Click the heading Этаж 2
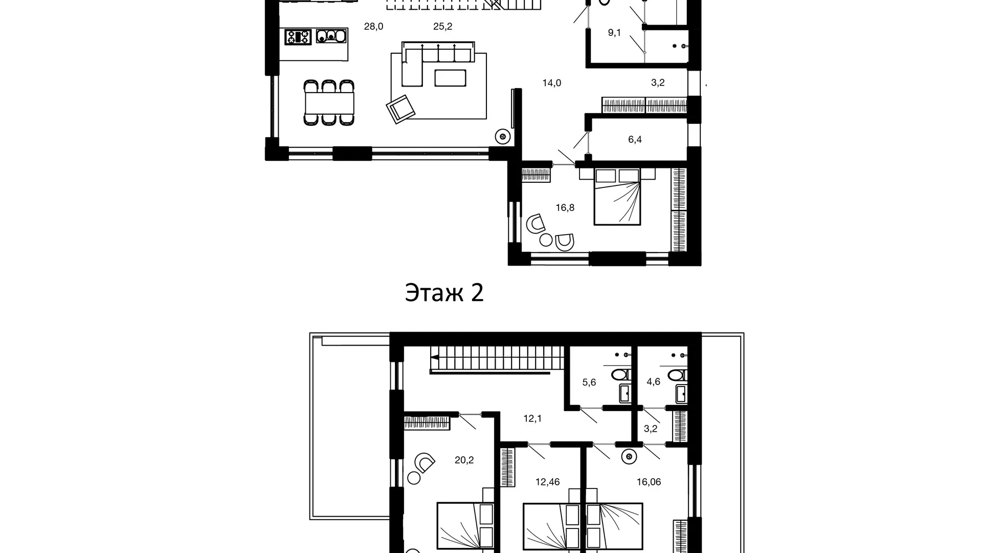coord(444,293)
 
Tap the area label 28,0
coord(373,27)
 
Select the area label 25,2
coord(442,27)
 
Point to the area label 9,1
coord(614,33)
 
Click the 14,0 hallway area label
coord(552,83)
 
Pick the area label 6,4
coord(635,139)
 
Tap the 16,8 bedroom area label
coord(565,207)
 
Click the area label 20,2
coord(464,460)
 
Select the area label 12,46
coord(547,482)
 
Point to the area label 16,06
coord(649,482)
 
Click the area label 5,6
coord(589,382)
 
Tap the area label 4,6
coord(653,382)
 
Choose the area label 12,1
coord(532,418)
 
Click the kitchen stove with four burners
coord(298,37)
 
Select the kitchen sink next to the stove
coord(331,36)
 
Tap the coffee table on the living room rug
coord(451,78)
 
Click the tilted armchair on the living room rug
coord(400,109)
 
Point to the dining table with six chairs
coord(329,103)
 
